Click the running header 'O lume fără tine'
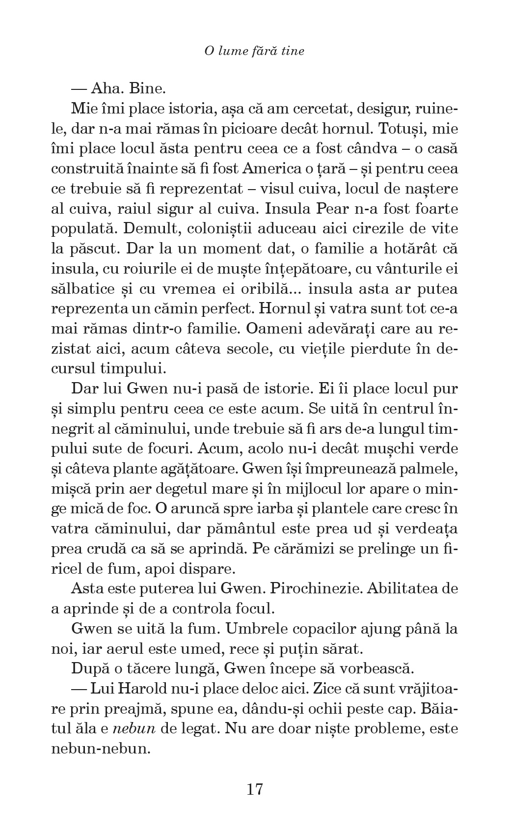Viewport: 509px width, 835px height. point(254,51)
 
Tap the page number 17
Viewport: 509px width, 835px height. point(255,789)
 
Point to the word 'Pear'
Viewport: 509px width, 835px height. point(323,209)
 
